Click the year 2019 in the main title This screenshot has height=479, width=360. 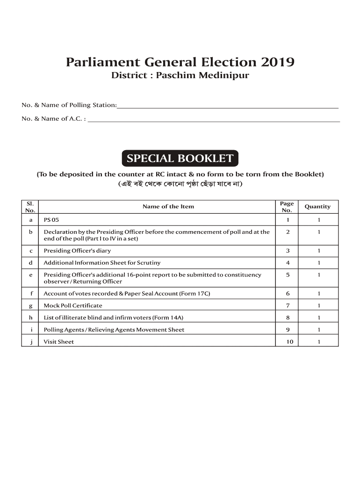(278, 62)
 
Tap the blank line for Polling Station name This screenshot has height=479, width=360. (227, 106)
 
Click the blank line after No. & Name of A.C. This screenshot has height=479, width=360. (214, 119)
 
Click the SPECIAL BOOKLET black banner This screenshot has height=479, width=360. (180, 159)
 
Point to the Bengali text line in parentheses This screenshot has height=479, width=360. (180, 184)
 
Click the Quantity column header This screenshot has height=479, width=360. (317, 206)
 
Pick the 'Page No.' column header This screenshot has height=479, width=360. (287, 206)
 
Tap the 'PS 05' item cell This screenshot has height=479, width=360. (52, 219)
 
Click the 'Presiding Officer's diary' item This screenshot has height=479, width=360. (77, 251)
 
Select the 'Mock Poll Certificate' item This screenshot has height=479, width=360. (73, 305)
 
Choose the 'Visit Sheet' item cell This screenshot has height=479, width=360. (59, 341)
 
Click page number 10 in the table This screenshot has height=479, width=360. (290, 341)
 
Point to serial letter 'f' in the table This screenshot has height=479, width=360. (31, 294)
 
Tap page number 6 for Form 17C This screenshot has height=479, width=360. (288, 294)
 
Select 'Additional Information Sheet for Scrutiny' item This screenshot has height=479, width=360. (102, 263)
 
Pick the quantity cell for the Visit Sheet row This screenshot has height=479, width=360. (318, 341)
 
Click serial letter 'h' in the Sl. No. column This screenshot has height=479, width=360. (31, 318)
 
